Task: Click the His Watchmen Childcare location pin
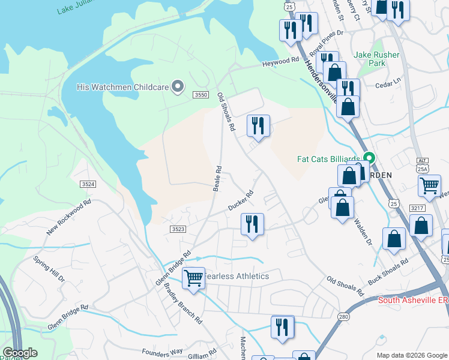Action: point(177,87)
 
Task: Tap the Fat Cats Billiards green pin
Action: point(370,159)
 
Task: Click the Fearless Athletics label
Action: point(237,276)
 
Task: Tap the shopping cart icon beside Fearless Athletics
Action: point(193,278)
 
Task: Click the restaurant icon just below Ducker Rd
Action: point(252,224)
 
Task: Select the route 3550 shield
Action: point(200,95)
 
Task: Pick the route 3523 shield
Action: point(178,229)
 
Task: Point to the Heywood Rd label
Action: point(280,62)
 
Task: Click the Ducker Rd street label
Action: point(241,201)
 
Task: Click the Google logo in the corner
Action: point(20,353)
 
